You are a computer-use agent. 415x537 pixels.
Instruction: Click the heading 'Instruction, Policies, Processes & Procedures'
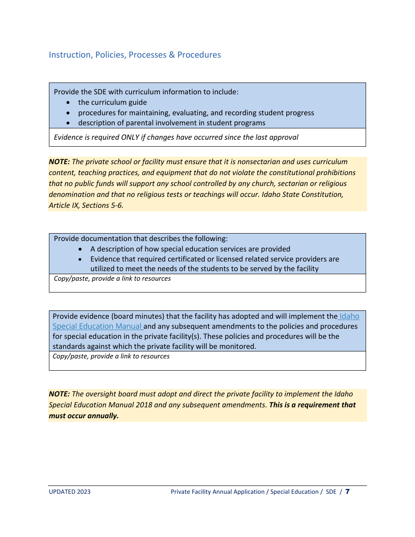coord(135,55)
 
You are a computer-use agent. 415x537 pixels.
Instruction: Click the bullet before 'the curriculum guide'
coord(68,102)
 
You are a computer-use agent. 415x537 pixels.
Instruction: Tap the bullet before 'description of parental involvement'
coord(68,123)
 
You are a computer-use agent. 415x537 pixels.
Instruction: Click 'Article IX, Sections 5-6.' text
coord(86,205)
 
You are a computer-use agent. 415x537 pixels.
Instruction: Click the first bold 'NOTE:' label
coord(59,162)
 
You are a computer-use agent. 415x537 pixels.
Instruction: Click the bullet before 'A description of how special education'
coord(80,249)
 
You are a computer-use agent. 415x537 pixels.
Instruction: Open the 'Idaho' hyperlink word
coord(349,316)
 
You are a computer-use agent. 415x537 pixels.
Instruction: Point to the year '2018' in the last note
coord(144,405)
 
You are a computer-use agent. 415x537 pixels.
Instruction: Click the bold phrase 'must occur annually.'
coord(83,416)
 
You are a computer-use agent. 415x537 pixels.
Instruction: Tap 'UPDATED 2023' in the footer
coord(69,492)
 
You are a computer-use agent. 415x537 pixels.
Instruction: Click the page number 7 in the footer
coord(347,492)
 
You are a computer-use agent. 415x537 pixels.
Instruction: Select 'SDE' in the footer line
coord(331,492)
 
